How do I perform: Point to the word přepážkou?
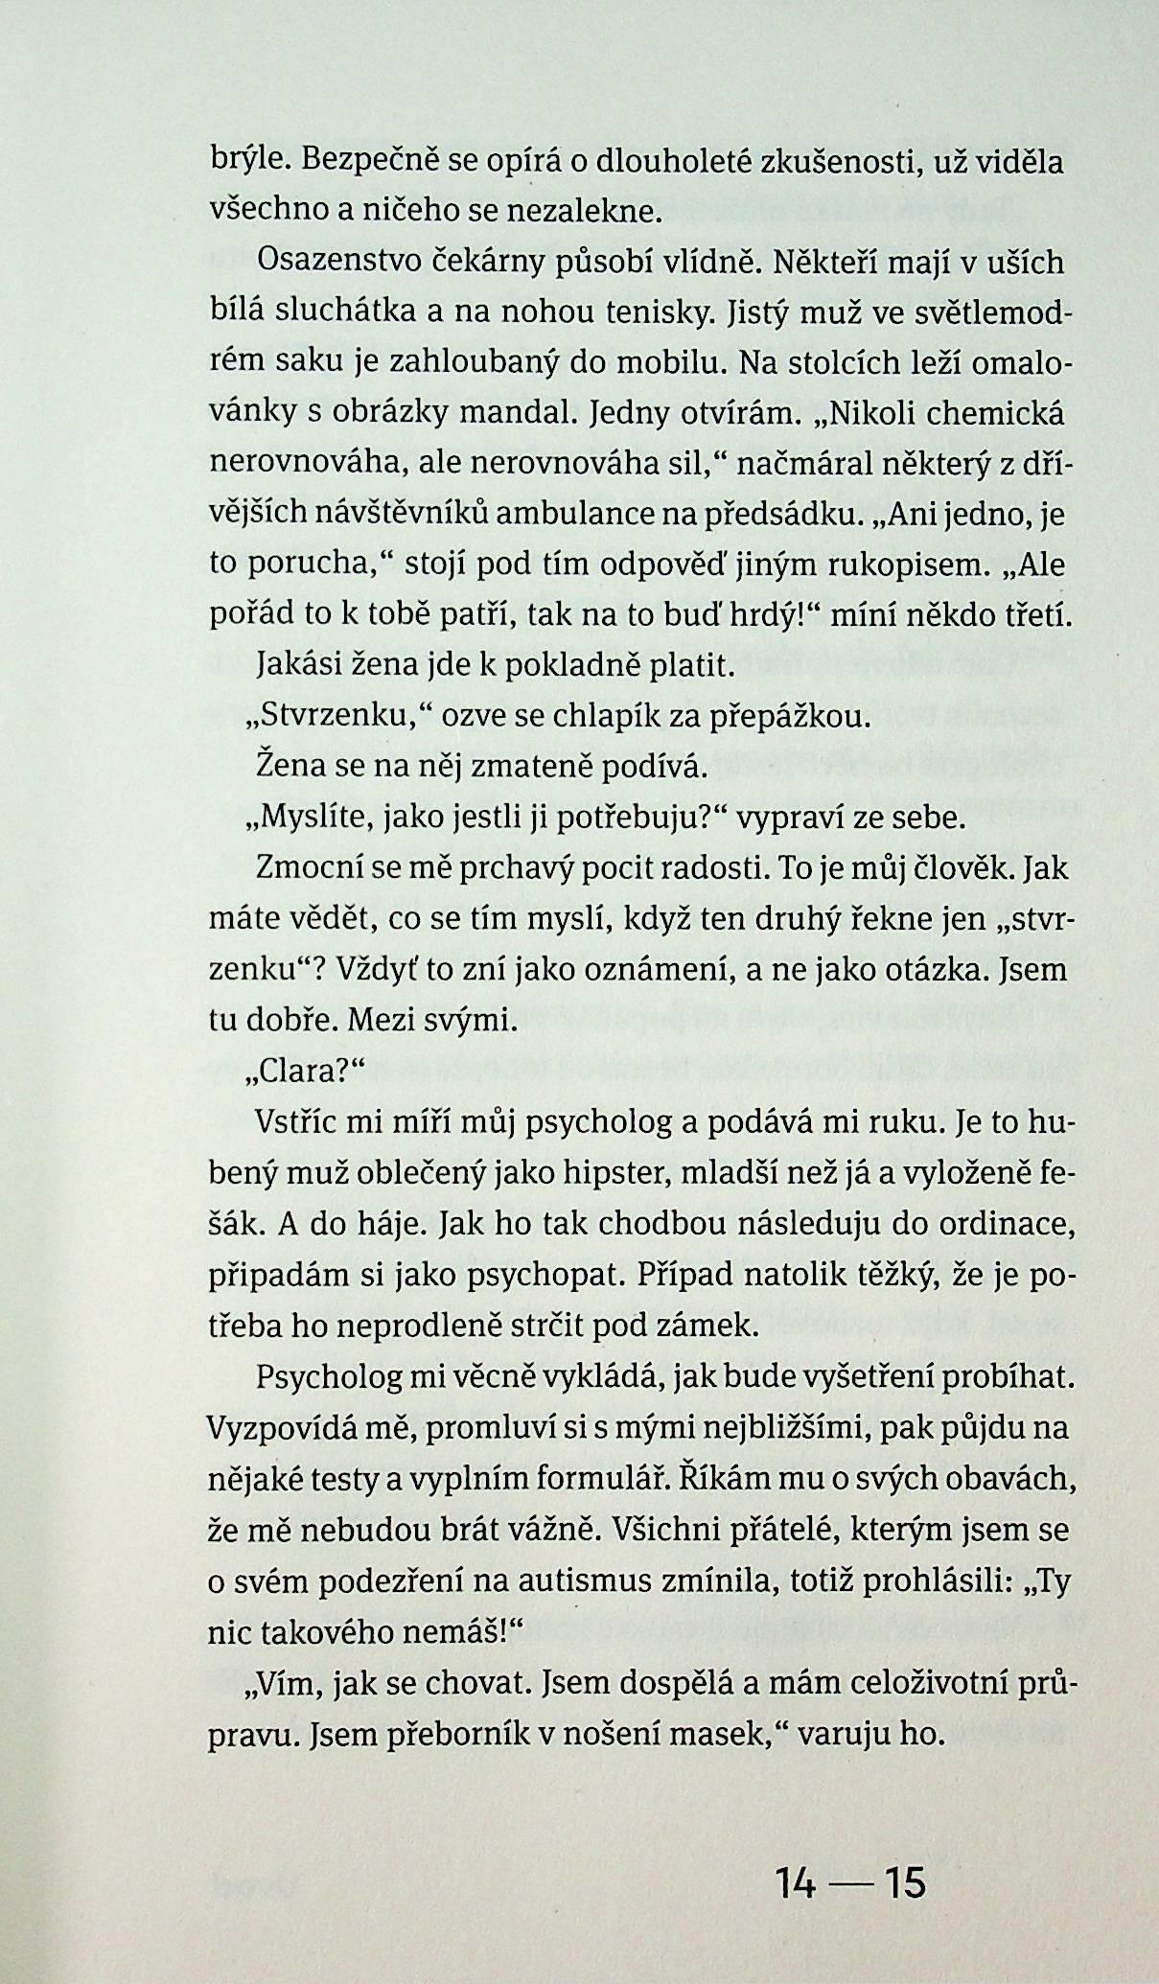pos(788,716)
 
